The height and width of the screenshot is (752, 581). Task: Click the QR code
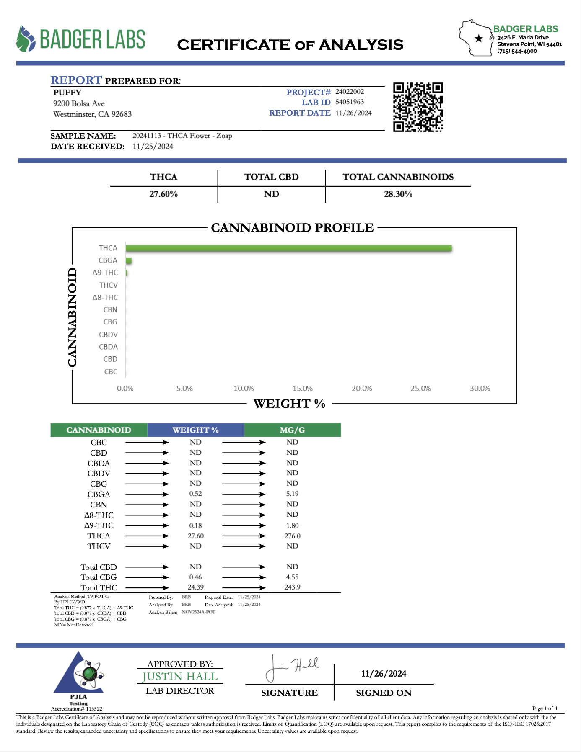coord(418,107)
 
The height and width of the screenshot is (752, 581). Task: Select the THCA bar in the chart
coord(288,248)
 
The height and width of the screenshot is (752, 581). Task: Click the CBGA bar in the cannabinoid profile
coord(129,261)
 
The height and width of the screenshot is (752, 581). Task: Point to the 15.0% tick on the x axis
coord(302,389)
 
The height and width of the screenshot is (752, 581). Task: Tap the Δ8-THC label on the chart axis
coord(105,298)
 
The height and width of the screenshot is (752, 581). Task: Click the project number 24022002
coord(350,92)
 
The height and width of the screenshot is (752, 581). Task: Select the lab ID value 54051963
coord(350,102)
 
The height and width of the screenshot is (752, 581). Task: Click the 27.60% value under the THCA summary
coord(163,194)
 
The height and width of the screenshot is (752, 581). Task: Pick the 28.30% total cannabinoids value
coord(398,194)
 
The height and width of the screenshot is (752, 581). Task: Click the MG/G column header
coord(292,430)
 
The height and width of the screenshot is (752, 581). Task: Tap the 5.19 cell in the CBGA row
coord(292,494)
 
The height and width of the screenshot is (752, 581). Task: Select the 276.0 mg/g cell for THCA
coord(292,536)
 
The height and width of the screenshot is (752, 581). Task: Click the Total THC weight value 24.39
coord(195,587)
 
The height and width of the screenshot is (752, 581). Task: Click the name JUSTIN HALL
coord(180,677)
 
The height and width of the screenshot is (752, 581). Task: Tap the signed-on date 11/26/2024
coord(384,674)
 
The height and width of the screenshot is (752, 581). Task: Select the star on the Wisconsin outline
coord(478,39)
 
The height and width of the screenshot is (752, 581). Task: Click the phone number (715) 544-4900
coord(517,51)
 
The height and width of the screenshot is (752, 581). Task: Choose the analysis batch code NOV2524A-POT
coord(199,612)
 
